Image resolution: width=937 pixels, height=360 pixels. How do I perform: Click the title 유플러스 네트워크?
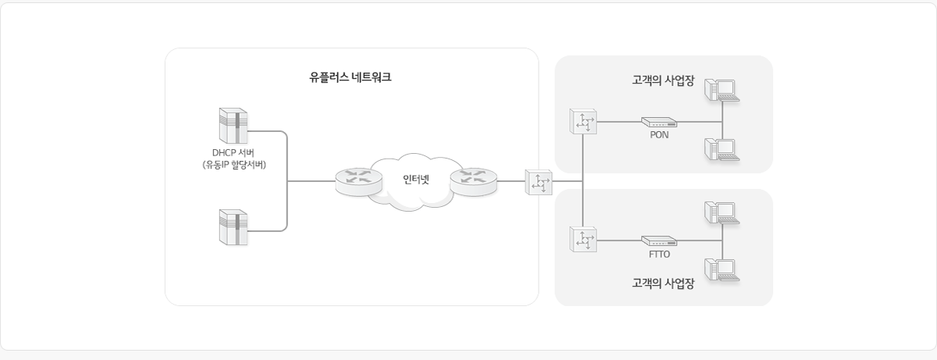click(x=351, y=78)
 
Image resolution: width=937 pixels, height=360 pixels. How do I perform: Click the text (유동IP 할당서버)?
click(x=233, y=165)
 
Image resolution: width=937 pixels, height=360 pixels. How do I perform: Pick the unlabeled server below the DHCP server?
click(x=233, y=226)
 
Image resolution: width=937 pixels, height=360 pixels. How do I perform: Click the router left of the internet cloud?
click(x=358, y=181)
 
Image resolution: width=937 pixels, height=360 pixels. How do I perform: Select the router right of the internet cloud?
click(x=472, y=181)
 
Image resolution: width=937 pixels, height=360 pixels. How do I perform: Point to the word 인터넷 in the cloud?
click(x=415, y=179)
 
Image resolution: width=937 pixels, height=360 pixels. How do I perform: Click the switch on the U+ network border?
click(x=539, y=181)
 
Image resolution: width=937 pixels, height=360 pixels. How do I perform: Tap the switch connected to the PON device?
click(x=583, y=122)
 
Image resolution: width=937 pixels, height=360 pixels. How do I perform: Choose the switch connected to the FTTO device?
click(x=583, y=240)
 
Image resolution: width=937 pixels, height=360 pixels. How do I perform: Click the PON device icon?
click(x=659, y=122)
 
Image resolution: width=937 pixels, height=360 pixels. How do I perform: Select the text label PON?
click(x=659, y=134)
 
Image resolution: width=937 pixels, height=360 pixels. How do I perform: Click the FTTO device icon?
click(x=659, y=241)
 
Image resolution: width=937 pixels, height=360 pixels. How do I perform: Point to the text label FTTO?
click(x=659, y=254)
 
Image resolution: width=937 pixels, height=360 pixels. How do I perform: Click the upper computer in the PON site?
click(x=721, y=89)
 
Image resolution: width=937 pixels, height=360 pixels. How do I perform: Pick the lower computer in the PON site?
click(x=721, y=148)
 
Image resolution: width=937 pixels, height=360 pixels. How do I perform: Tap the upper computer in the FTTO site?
click(x=721, y=212)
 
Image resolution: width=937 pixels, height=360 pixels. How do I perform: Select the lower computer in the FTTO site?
click(x=721, y=268)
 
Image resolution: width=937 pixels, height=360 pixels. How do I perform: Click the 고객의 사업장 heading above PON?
click(x=663, y=80)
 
